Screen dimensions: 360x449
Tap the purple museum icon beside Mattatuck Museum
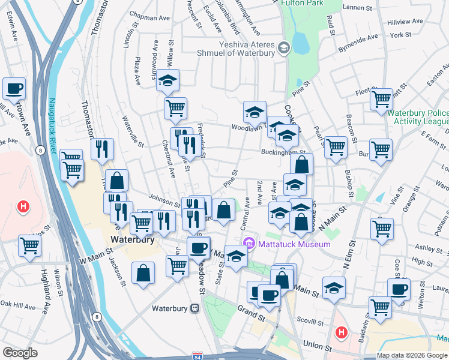[x=249, y=243]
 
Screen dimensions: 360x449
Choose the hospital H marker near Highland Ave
[x=23, y=208]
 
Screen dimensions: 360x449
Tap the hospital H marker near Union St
[x=342, y=331]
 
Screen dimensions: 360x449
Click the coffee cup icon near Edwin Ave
[x=14, y=89]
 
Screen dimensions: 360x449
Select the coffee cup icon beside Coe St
[x=399, y=289]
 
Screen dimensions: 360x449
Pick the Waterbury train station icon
[x=194, y=308]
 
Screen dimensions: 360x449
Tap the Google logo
[x=20, y=353]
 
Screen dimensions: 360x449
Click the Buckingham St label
[x=283, y=152]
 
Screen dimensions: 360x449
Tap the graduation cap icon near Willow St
[x=168, y=80]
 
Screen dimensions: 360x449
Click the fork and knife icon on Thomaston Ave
[x=102, y=149]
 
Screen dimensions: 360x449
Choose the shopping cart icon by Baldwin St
[x=380, y=307]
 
